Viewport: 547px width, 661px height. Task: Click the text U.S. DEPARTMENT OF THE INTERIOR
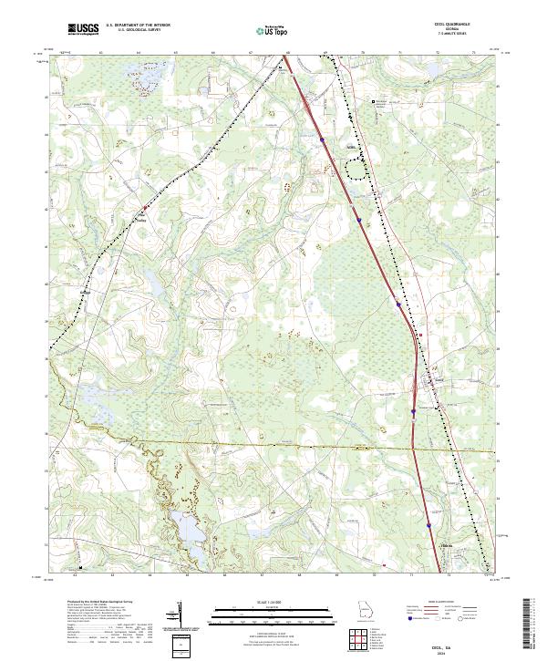[x=139, y=26]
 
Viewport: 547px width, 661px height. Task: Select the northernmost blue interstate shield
[x=322, y=139]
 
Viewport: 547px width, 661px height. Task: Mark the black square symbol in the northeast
[x=372, y=101]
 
